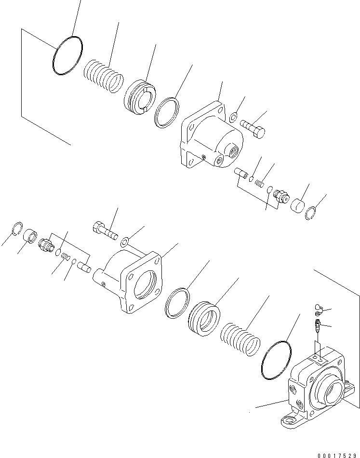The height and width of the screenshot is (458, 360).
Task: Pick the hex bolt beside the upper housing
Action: point(253,127)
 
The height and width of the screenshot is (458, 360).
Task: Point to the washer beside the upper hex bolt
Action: point(232,116)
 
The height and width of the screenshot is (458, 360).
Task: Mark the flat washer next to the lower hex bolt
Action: point(125,240)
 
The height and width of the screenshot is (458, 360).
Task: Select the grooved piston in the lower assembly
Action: point(202,320)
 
